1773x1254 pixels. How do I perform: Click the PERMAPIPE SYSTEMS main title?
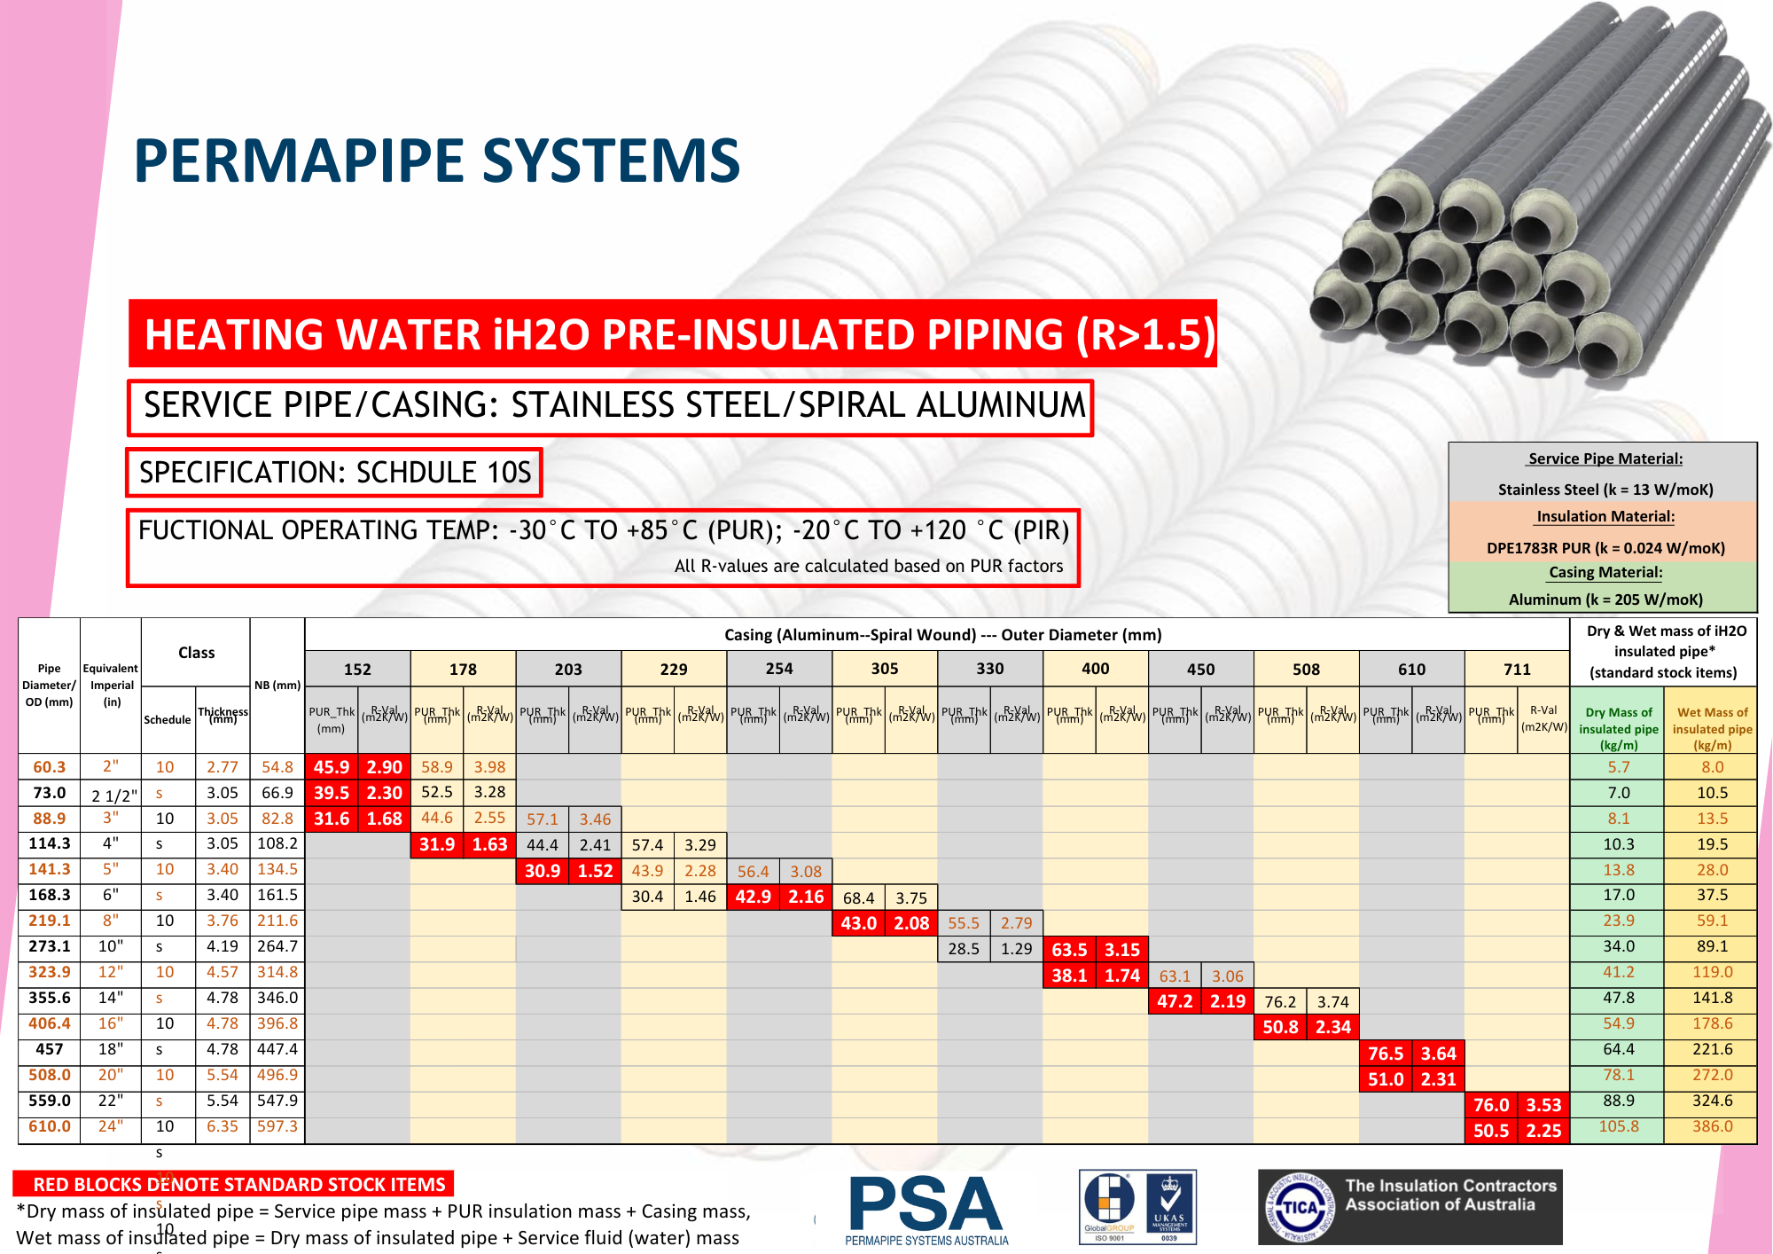click(x=436, y=161)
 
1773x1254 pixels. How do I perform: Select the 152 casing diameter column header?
click(x=357, y=670)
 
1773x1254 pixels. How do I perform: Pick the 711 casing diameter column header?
click(x=1517, y=670)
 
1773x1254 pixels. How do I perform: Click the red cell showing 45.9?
click(x=332, y=767)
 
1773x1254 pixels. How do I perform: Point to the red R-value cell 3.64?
click(x=1438, y=1054)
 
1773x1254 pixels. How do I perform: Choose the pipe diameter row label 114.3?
click(x=50, y=844)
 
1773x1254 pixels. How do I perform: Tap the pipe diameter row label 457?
click(x=50, y=1049)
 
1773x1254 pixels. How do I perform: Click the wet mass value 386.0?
click(x=1712, y=1126)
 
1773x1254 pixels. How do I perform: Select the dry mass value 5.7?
click(x=1619, y=767)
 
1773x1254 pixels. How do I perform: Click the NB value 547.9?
click(x=277, y=1101)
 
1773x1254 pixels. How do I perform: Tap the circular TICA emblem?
click(x=1300, y=1207)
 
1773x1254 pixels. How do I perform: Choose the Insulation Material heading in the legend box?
click(x=1605, y=516)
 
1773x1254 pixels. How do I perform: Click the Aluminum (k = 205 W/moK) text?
click(x=1605, y=600)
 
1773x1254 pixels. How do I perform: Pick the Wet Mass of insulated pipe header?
click(x=1712, y=728)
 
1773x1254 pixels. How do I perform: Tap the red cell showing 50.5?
click(x=1491, y=1131)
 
